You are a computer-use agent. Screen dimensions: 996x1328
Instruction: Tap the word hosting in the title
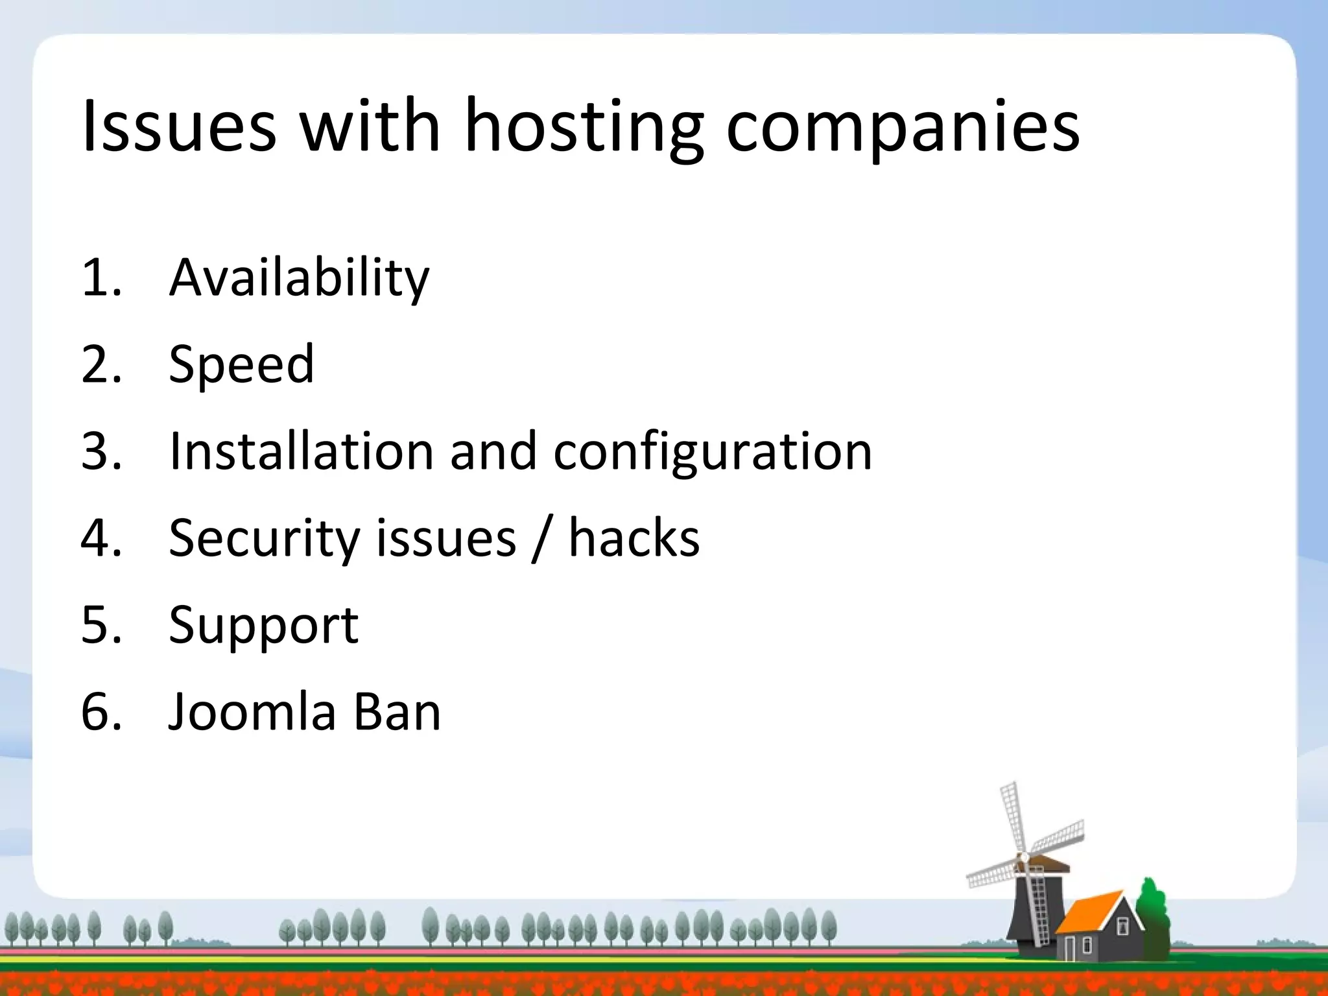point(584,126)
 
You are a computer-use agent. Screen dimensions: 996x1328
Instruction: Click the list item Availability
point(299,278)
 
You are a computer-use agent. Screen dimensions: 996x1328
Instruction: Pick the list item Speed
point(241,364)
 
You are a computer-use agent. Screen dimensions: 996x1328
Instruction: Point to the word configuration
point(713,451)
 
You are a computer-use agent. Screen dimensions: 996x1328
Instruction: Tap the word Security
point(264,538)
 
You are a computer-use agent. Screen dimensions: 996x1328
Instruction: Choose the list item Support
point(263,626)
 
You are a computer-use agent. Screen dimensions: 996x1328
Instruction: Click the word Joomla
point(252,711)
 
